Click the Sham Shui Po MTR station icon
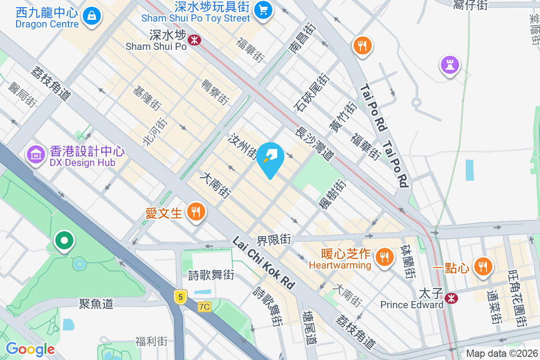194,40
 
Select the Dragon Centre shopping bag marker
92,16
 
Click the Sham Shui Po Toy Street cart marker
263,9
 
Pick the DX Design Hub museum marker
36,154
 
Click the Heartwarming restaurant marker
384,257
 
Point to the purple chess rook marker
450,65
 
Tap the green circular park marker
64,240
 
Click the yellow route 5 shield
180,297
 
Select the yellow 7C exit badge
204,307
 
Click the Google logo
30,349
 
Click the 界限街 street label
274,239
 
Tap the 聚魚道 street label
96,304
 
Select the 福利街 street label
152,341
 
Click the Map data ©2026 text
501,354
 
